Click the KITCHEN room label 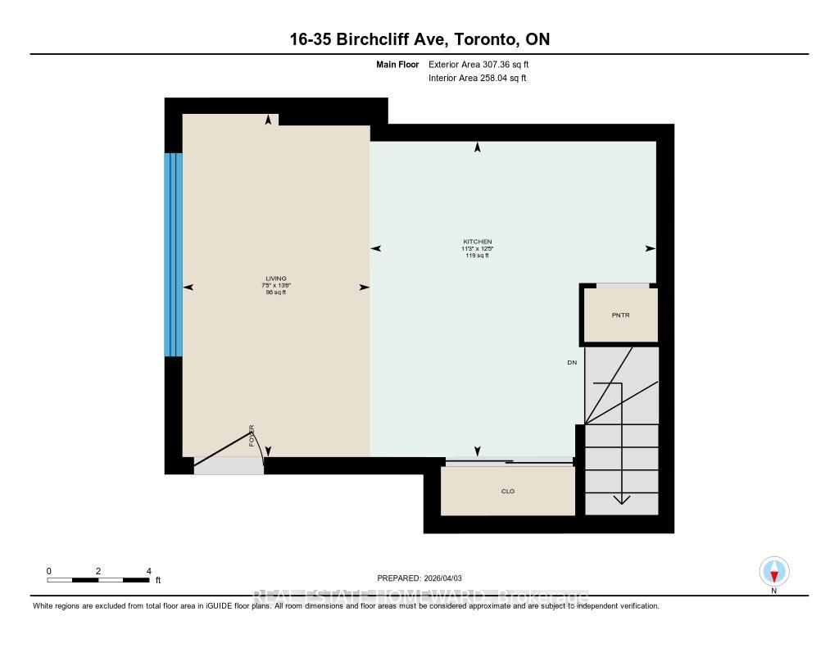pos(477,242)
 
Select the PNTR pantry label pos(620,315)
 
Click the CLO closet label pos(507,492)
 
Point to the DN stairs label pos(571,362)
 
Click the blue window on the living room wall pos(173,255)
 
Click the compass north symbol pos(773,571)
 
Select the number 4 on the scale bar pos(148,571)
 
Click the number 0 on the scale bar pos(49,571)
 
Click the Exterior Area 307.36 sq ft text pos(484,64)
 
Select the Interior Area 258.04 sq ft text pos(477,79)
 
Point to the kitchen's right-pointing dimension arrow pos(651,248)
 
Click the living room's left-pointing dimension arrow pos(188,288)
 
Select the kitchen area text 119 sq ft pos(477,256)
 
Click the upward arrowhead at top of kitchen pos(478,147)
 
